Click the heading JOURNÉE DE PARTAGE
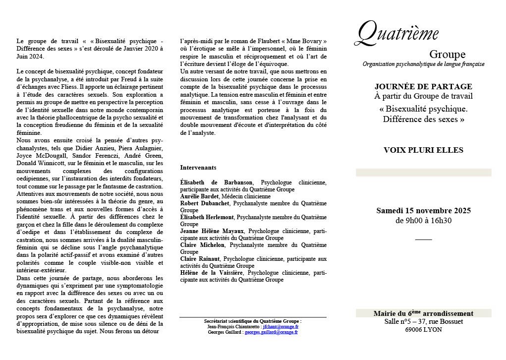(x=423, y=86)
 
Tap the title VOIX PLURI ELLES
(x=423, y=150)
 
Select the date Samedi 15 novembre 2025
(x=423, y=211)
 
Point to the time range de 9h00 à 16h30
(x=423, y=221)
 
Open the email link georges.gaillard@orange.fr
(x=271, y=332)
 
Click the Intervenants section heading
(x=198, y=168)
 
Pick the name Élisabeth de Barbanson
(x=217, y=182)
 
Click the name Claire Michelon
(x=202, y=245)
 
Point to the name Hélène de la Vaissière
(x=212, y=273)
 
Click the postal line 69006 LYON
(x=423, y=329)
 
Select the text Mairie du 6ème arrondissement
(x=423, y=313)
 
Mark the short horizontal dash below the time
(x=423, y=240)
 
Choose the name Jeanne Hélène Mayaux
(x=212, y=231)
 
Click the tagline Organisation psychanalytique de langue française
(x=423, y=64)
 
